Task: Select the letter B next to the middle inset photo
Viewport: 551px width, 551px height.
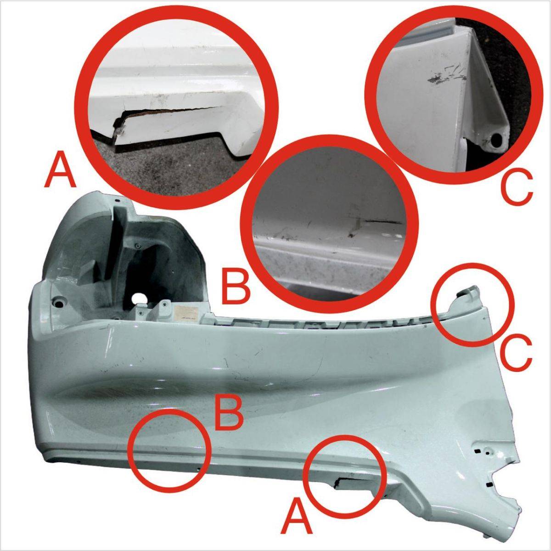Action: pos(235,287)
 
